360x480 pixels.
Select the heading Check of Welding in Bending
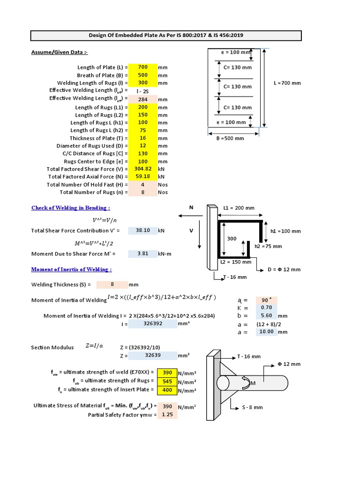point(71,208)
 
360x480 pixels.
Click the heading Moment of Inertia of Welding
point(71,270)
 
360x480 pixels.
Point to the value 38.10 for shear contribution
point(142,231)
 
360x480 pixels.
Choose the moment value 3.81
point(142,254)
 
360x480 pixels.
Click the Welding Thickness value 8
point(112,285)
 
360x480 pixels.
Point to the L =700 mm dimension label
point(287,83)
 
